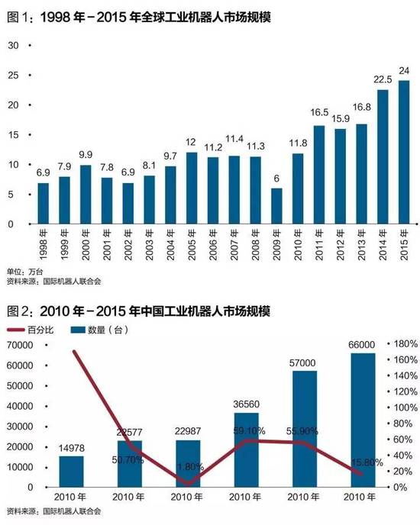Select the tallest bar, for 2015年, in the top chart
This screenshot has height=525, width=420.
click(404, 153)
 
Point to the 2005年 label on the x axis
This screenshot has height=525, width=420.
click(192, 244)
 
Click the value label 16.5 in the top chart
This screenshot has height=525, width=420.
click(319, 112)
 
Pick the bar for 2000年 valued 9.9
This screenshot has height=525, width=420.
click(86, 195)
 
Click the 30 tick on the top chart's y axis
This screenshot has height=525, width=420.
click(12, 46)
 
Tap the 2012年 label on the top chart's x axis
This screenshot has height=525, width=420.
click(341, 244)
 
